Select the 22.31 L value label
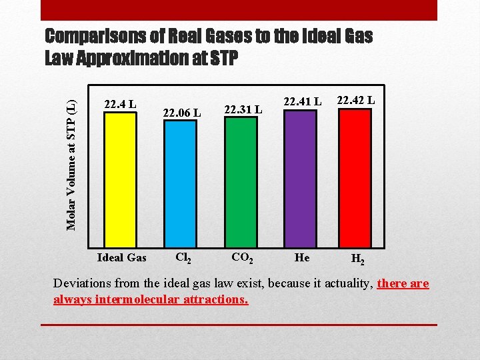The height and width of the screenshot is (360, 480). point(243,109)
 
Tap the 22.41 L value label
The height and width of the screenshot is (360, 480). point(303,101)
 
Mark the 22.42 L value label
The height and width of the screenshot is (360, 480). point(356,100)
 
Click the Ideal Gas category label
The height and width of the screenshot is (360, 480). point(121,257)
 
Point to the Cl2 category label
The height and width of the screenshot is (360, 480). point(182,258)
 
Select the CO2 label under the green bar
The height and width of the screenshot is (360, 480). point(241,257)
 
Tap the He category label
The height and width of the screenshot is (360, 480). point(302,257)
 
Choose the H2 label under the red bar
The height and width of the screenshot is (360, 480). point(357,259)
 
